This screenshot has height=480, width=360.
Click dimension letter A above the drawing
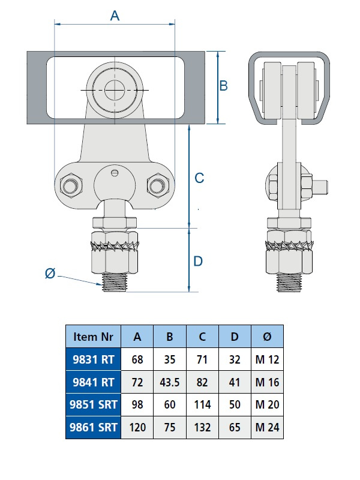(x=115, y=16)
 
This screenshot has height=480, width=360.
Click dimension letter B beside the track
(x=223, y=86)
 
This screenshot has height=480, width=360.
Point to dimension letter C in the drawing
(x=200, y=178)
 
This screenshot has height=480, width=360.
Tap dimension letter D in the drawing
(x=199, y=261)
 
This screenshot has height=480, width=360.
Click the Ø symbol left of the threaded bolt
(x=50, y=274)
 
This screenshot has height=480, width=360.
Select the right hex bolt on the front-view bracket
(x=158, y=185)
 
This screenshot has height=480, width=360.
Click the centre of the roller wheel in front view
(x=114, y=91)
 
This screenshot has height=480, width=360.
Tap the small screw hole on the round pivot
(x=115, y=174)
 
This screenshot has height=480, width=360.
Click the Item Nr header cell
(x=93, y=337)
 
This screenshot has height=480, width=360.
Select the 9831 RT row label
(x=93, y=359)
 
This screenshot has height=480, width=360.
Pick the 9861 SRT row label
(x=93, y=428)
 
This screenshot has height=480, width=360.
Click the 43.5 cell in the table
(x=170, y=382)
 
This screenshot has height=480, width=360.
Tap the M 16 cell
(x=267, y=382)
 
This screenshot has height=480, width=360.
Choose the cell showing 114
(x=202, y=405)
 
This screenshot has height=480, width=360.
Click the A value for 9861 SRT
(x=137, y=428)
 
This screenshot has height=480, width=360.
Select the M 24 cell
(x=267, y=428)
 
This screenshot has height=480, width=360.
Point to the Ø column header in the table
(x=267, y=337)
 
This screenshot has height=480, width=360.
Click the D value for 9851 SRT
(x=235, y=405)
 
